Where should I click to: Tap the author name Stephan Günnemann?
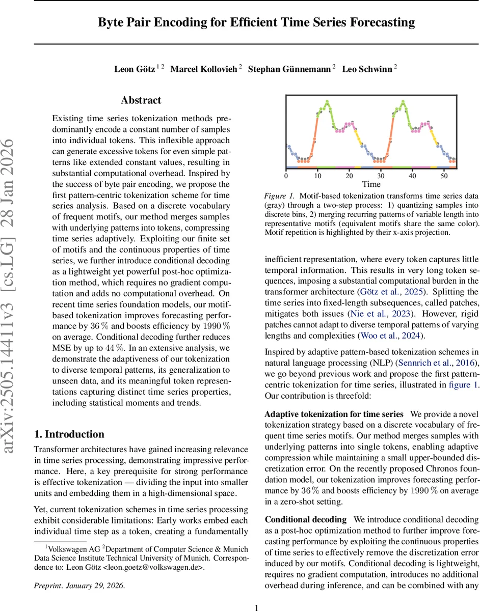coord(289,69)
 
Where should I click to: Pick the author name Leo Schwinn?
coord(367,69)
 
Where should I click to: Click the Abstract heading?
coord(141,100)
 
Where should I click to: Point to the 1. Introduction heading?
coord(69,434)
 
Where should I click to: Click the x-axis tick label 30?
coord(381,176)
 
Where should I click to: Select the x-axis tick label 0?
coord(286,176)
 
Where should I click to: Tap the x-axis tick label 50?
coord(444,176)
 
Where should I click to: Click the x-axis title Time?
coord(371,184)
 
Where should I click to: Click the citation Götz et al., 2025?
coord(387,292)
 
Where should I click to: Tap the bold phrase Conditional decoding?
coord(306,520)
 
